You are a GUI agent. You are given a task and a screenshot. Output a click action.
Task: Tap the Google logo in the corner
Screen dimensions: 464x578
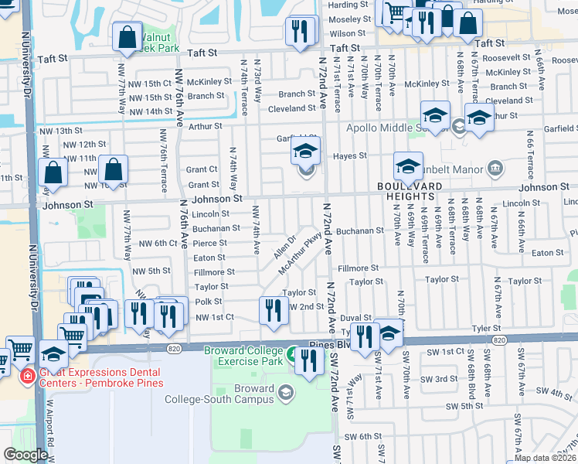(x=25, y=455)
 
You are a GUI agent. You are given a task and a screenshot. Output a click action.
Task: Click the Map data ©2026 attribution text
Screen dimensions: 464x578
(x=546, y=458)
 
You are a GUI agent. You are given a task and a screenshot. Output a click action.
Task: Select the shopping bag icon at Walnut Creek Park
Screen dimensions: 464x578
(x=126, y=36)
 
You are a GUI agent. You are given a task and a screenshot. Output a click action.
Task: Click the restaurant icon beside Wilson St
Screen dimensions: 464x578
(x=299, y=31)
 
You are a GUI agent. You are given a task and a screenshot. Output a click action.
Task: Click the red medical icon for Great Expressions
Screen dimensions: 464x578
(x=27, y=375)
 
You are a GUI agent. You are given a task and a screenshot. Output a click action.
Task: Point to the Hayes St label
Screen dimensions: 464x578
(x=349, y=155)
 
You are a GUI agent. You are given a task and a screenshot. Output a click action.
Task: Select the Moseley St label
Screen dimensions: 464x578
(x=349, y=19)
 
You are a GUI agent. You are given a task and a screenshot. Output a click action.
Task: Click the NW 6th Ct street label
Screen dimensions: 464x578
(x=158, y=243)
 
